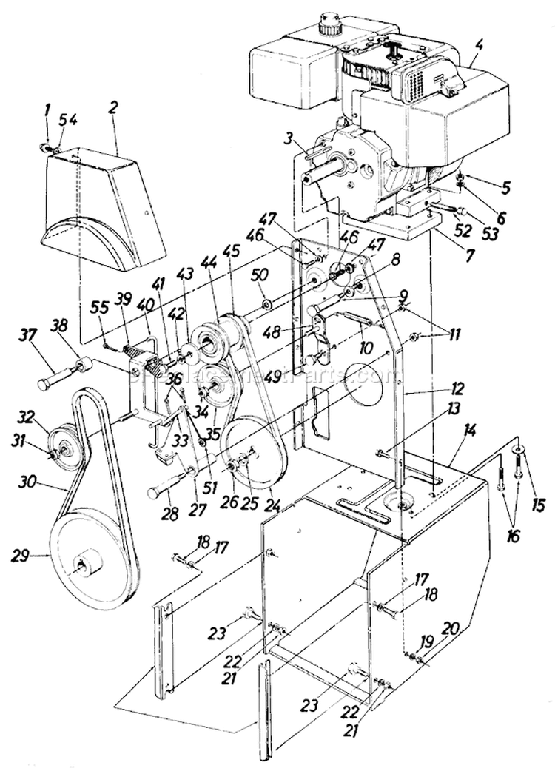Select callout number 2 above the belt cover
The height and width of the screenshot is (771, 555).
coord(112,107)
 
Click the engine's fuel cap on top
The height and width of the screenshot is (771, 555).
coord(327,25)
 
